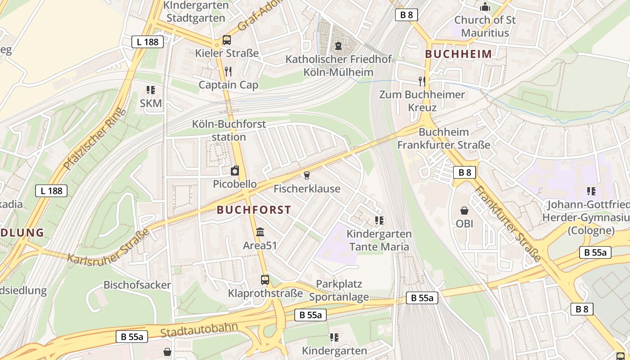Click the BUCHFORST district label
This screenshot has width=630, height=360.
click(254, 210)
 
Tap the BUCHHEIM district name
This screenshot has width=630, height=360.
click(459, 54)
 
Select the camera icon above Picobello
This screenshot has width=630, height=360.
click(234, 171)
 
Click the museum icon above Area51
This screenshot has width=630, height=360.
click(260, 232)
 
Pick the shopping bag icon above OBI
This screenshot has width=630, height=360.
click(464, 210)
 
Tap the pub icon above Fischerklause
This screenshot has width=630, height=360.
click(307, 175)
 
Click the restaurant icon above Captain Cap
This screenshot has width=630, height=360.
click(228, 71)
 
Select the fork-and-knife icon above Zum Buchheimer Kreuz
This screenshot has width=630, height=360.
click(422, 81)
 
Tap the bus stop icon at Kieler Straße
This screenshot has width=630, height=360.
click(227, 40)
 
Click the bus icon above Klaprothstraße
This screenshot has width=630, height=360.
click(265, 280)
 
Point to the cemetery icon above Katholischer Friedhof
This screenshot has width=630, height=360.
click(338, 45)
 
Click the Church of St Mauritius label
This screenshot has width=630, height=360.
click(485, 26)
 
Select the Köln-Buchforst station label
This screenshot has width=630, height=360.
click(229, 130)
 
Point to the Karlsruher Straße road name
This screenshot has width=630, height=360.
click(108, 247)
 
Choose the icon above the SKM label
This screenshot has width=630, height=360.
click(150, 90)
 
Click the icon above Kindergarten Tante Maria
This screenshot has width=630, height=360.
click(379, 220)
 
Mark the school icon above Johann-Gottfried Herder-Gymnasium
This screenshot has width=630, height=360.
click(591, 191)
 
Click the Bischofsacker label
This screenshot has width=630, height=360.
click(137, 285)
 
